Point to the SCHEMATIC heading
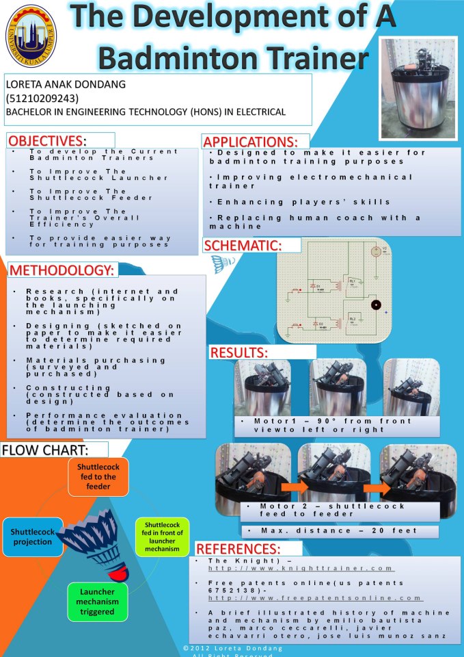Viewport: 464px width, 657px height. tap(242, 245)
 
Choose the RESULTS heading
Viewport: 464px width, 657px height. tap(238, 352)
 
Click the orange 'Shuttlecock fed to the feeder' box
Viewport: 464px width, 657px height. tap(98, 477)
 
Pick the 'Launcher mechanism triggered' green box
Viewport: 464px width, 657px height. tap(97, 601)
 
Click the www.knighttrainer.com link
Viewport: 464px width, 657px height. tap(301, 568)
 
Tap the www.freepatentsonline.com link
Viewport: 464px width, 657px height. tap(315, 597)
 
